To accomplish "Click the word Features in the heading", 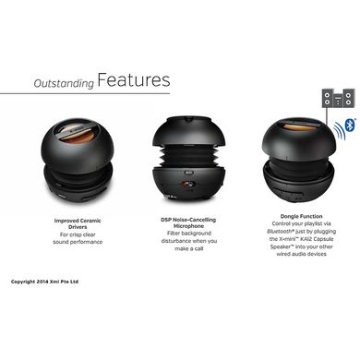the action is (134, 79).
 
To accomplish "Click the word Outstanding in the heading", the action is (64, 83).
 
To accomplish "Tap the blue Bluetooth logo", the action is (350, 126).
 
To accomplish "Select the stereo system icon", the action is (339, 98).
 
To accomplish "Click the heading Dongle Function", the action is (301, 216).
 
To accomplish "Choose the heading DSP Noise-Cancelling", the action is (188, 220).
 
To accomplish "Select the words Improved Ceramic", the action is (78, 221).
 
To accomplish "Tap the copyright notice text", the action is (44, 282).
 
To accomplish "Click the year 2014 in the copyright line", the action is (42, 282).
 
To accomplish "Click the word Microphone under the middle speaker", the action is (188, 226).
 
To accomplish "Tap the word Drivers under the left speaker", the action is (78, 227).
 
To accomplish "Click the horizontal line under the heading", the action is (85, 93).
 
